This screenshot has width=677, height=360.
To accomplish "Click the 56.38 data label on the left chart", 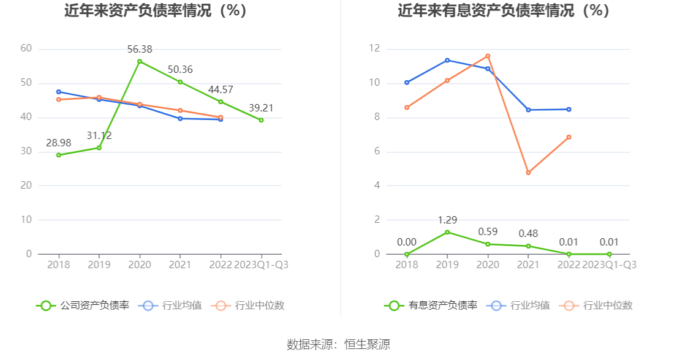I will click(x=140, y=49).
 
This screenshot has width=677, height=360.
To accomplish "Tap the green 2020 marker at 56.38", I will click(x=140, y=61).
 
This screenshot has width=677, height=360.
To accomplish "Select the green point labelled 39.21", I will click(x=261, y=120).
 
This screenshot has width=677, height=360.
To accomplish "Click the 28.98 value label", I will click(x=59, y=143).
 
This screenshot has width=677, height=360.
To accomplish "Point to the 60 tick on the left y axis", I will click(x=26, y=49).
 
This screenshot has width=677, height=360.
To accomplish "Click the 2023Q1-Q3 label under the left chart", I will click(x=261, y=264).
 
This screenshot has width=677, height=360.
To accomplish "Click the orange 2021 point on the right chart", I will click(x=528, y=173).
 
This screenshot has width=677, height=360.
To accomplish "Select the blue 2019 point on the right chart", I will click(x=447, y=60).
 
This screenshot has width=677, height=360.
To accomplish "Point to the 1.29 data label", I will click(x=447, y=220).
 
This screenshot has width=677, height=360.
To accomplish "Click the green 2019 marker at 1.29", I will click(x=447, y=232).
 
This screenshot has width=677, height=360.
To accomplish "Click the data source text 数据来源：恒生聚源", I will click(x=338, y=344).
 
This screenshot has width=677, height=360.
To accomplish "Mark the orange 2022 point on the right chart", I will click(x=569, y=137).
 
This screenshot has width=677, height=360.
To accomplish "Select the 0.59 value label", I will click(x=488, y=232).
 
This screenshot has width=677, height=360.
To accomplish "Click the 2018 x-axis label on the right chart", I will click(x=407, y=264).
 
